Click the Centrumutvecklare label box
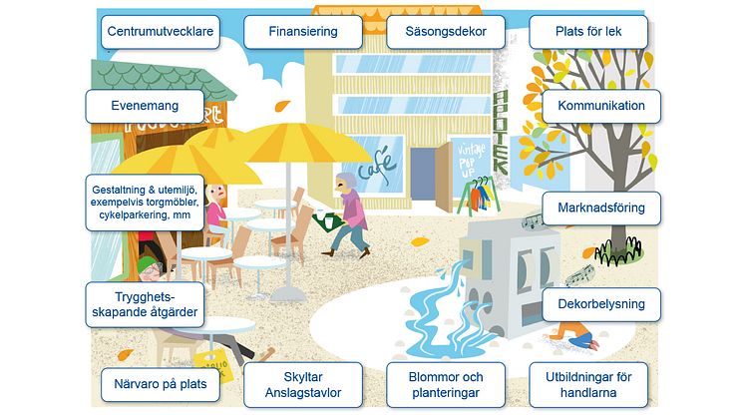click(160, 32)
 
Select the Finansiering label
click(302, 32)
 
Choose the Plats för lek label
click(588, 32)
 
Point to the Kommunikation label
click(601, 106)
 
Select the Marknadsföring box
click(601, 209)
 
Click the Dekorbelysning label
click(601, 304)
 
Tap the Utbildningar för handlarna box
click(588, 384)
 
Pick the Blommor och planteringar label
click(446, 384)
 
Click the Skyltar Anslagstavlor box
click(303, 384)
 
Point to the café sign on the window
click(376, 162)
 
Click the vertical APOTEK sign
click(502, 130)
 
